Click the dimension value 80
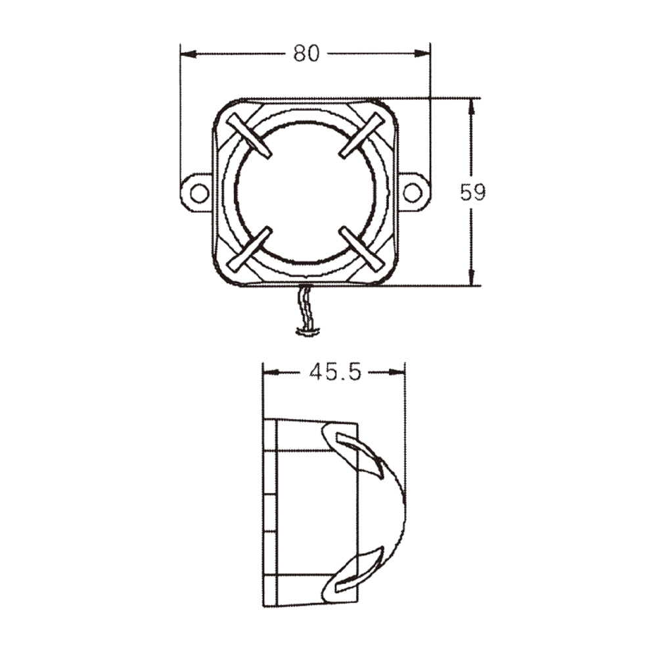click(306, 53)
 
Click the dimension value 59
click(472, 193)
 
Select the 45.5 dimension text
click(335, 373)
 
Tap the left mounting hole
click(198, 193)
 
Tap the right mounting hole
click(412, 193)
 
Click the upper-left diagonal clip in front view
click(249, 135)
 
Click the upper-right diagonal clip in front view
click(361, 135)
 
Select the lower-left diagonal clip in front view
click(249, 250)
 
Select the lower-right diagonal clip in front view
click(361, 250)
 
